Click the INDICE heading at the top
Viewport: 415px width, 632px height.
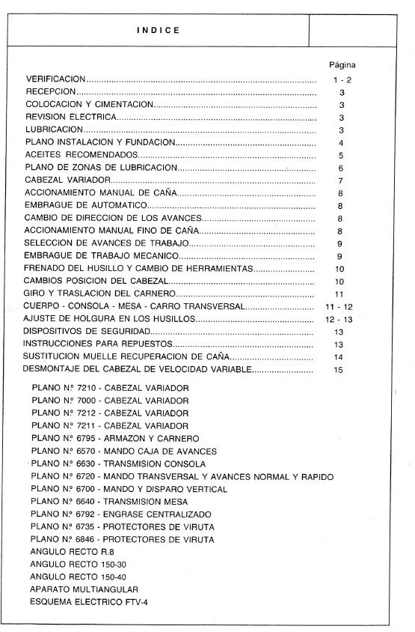click(x=158, y=31)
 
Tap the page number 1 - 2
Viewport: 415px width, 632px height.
click(x=340, y=79)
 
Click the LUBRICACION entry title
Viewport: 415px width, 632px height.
click(x=53, y=130)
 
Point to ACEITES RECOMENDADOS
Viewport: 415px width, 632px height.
click(x=71, y=155)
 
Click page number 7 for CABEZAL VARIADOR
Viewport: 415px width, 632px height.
click(x=340, y=180)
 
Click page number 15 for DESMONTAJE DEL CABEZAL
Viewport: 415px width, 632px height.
click(x=339, y=370)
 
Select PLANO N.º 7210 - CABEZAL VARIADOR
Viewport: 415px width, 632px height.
click(x=110, y=389)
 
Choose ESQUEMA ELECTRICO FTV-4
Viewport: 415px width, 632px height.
click(x=84, y=603)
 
